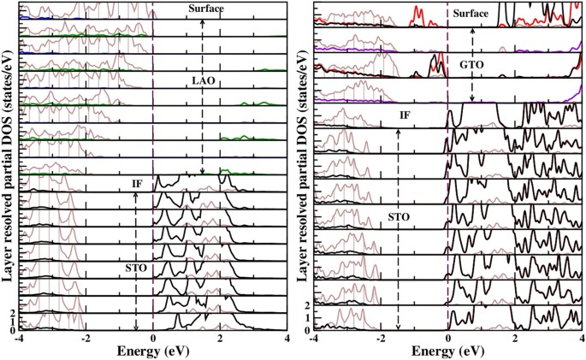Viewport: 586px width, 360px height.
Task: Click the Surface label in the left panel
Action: pos(205,9)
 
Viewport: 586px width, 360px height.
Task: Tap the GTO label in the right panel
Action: pos(472,64)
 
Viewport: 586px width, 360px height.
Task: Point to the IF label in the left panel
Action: pos(137,184)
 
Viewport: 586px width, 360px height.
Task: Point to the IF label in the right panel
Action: pos(405,113)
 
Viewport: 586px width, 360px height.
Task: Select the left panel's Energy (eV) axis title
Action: pos(152,351)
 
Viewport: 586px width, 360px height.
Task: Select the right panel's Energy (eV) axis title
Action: pos(447,351)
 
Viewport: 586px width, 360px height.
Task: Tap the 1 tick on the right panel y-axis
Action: pos(307,318)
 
